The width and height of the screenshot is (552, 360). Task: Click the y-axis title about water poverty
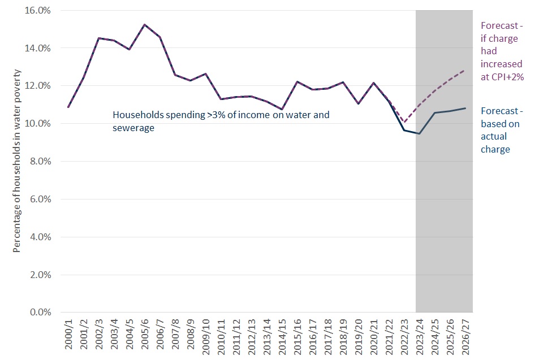[17, 161]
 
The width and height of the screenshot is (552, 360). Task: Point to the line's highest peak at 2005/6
[144, 25]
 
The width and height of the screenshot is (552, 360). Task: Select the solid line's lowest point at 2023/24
[419, 133]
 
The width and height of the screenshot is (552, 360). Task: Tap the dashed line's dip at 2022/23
[404, 122]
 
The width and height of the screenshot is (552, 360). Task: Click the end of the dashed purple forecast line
[464, 70]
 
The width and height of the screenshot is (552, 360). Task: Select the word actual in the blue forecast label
[494, 137]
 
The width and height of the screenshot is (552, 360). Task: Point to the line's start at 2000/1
[68, 107]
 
